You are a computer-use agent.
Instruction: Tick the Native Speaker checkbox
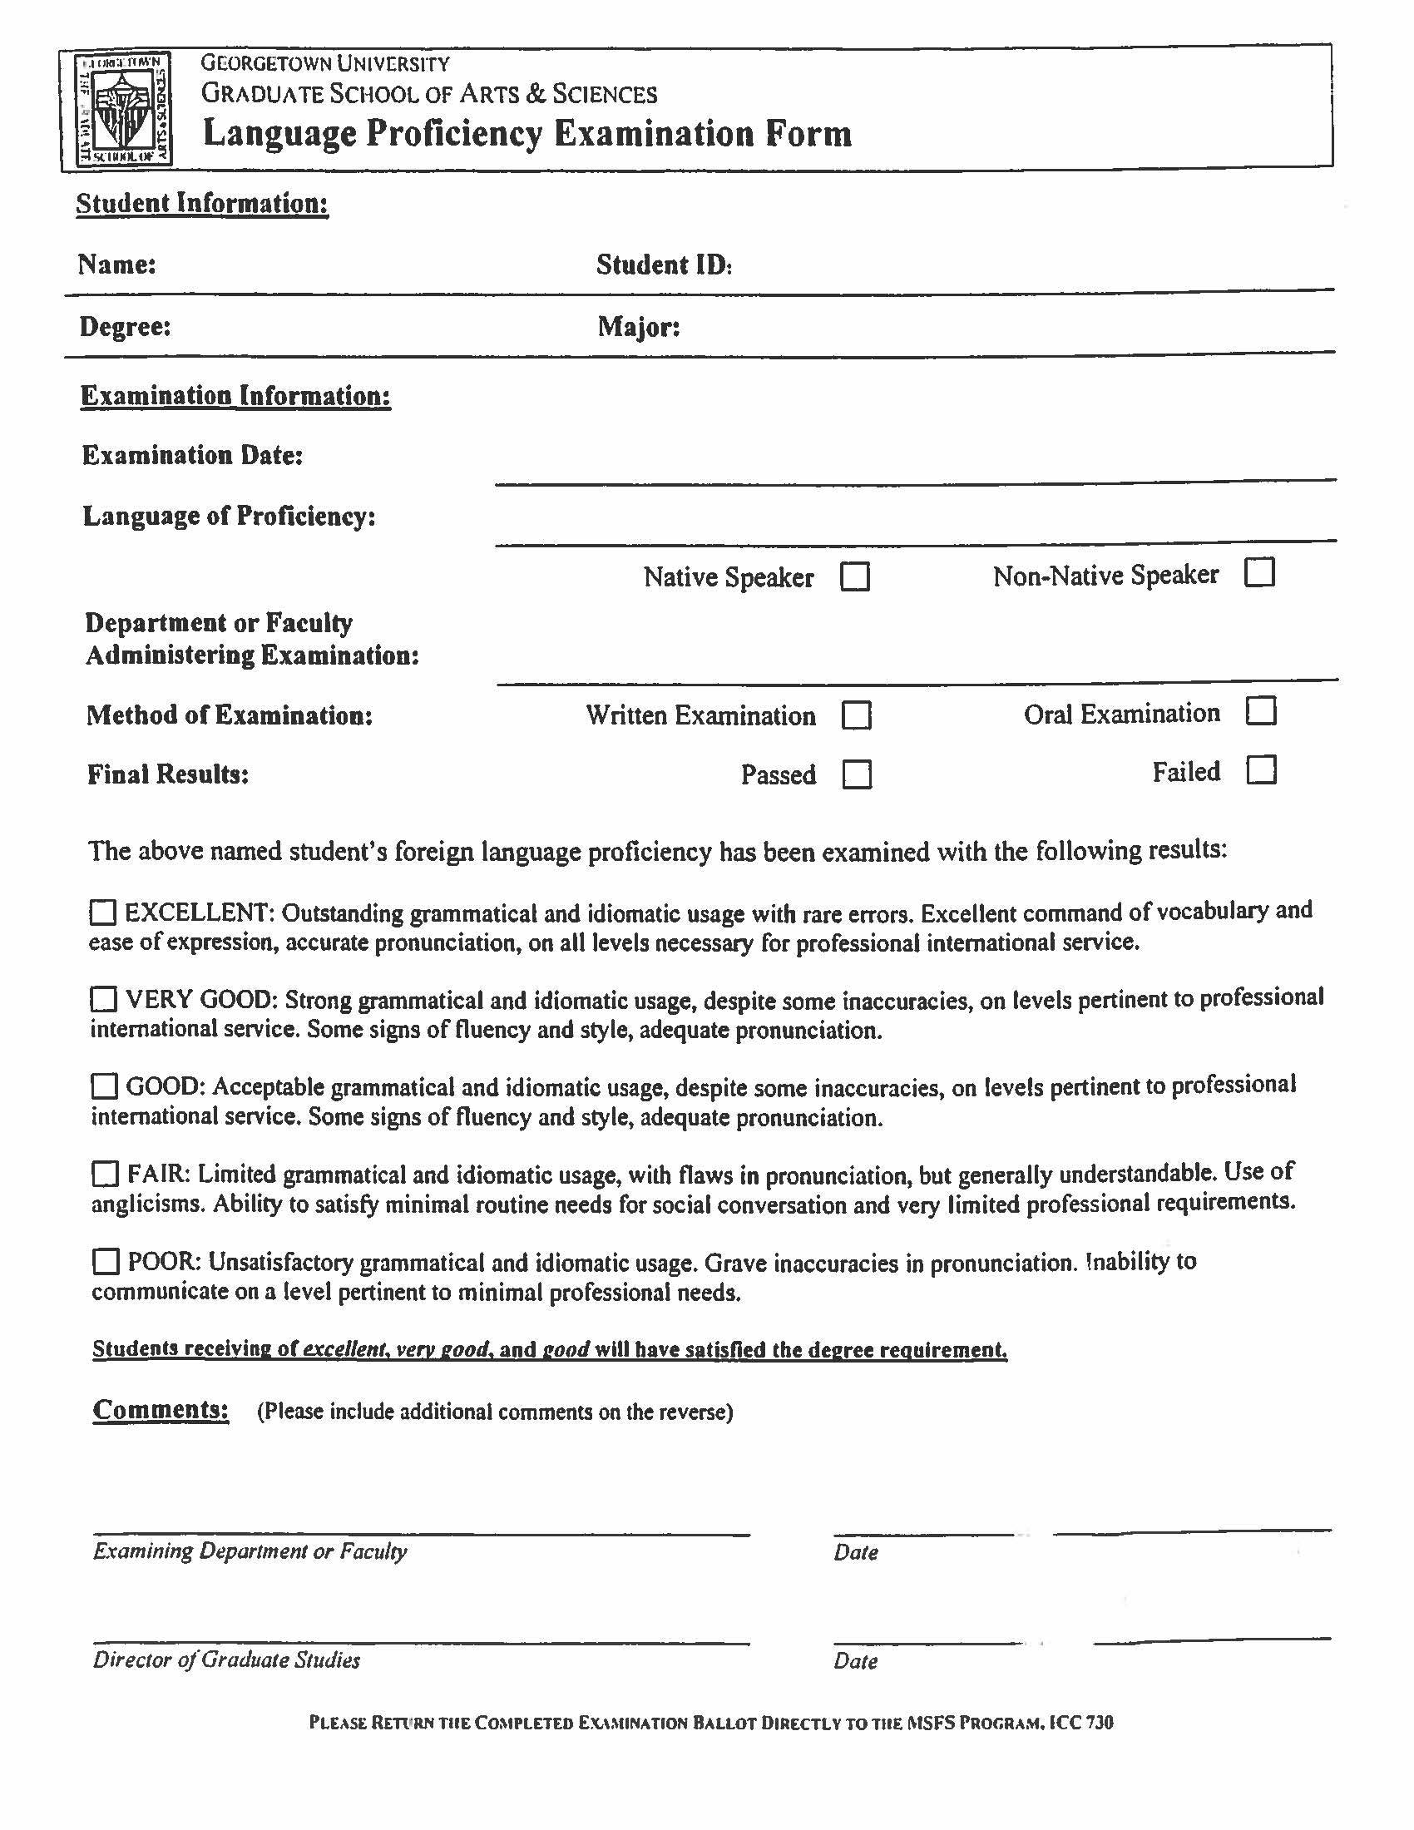[854, 576]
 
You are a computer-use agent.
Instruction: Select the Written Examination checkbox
[856, 715]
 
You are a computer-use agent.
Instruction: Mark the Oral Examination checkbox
[1260, 711]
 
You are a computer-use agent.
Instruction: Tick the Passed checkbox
[856, 774]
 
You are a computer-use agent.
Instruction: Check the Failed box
[1261, 769]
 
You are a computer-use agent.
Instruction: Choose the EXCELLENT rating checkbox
[103, 913]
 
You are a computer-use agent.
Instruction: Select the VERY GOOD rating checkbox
[104, 999]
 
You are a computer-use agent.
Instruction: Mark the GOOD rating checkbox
[104, 1087]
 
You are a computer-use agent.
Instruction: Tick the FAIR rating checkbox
[105, 1174]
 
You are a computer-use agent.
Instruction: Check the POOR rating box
[106, 1261]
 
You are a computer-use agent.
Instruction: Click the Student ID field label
[664, 265]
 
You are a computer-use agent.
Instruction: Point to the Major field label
[638, 326]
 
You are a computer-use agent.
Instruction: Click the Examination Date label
[192, 455]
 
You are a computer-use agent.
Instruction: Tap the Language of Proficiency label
[229, 517]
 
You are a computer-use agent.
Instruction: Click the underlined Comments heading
[160, 1409]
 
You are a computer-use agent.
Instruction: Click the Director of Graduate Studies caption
[226, 1659]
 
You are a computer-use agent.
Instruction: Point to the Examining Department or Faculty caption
[250, 1551]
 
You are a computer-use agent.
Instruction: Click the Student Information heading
[202, 204]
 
